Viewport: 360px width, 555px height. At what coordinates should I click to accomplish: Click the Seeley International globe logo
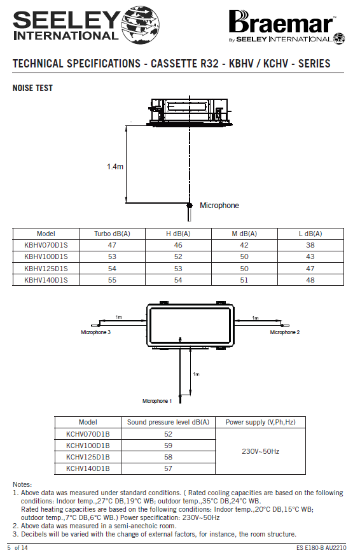click(141, 25)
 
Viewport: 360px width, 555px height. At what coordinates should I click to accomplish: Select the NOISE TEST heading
click(32, 88)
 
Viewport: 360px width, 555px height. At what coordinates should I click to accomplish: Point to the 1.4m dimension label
click(115, 166)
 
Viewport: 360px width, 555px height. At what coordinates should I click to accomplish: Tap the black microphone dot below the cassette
click(190, 206)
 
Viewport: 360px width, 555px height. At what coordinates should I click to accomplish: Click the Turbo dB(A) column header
click(112, 234)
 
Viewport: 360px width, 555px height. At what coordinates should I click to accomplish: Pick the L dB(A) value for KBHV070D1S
click(310, 245)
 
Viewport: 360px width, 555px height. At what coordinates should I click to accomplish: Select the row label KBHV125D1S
click(46, 269)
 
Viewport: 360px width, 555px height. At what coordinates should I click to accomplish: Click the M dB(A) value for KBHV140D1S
click(244, 280)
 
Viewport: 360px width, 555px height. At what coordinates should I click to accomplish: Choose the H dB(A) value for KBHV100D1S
click(178, 256)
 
